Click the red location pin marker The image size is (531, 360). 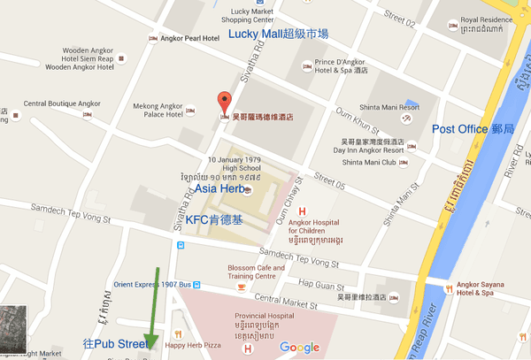click(224, 101)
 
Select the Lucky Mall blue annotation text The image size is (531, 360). click(278, 34)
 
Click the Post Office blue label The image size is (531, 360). click(473, 129)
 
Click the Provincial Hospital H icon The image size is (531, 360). click(248, 349)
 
